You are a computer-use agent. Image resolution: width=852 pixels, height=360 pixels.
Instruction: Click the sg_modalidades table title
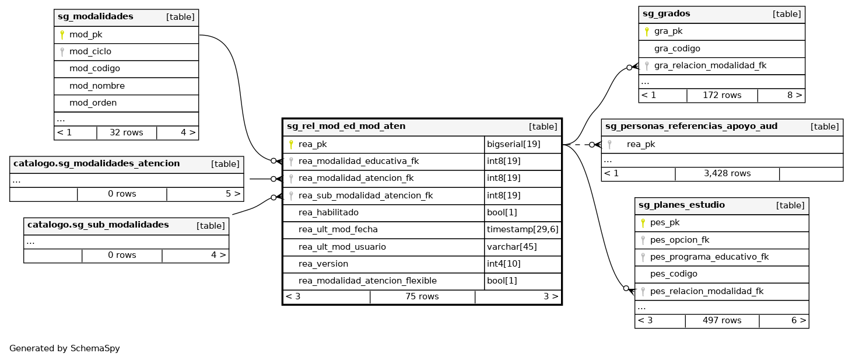(x=96, y=17)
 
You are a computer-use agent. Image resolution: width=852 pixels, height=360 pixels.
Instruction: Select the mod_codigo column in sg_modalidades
(x=94, y=68)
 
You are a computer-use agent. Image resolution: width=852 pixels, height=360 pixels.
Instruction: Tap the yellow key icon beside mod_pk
(x=62, y=35)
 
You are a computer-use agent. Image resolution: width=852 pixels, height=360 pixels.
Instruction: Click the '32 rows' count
(x=126, y=132)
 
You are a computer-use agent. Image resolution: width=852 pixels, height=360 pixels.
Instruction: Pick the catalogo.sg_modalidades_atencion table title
(x=96, y=164)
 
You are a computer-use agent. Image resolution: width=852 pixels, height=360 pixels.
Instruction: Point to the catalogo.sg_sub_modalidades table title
(x=98, y=225)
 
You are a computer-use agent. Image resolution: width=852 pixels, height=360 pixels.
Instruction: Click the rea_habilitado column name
(x=328, y=212)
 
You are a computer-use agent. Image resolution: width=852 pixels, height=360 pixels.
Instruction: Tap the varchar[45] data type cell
(x=511, y=247)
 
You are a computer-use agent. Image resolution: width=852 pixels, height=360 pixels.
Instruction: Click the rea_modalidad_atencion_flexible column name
(x=367, y=281)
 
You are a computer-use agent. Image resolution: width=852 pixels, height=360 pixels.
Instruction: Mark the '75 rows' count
(x=422, y=296)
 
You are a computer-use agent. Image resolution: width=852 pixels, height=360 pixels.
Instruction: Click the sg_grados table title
(x=666, y=14)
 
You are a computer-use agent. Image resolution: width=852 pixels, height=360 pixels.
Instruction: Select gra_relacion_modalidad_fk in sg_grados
(x=710, y=65)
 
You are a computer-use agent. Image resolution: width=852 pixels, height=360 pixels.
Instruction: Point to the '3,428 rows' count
(x=727, y=173)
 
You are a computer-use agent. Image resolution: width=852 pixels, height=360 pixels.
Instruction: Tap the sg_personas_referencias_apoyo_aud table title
(x=691, y=127)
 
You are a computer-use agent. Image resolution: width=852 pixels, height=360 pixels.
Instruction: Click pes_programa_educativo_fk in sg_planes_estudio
(x=709, y=257)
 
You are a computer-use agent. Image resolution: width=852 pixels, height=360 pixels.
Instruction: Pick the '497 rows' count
(x=721, y=320)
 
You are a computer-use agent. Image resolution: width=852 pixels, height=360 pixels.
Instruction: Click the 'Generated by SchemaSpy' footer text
(x=65, y=348)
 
